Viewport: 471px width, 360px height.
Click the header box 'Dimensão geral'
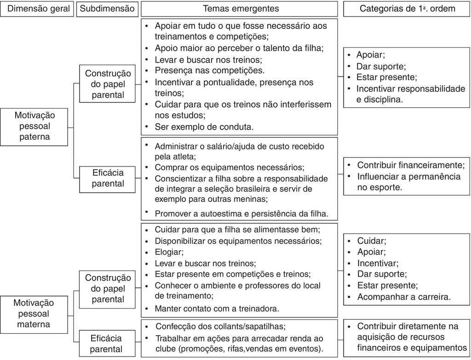[x=37, y=9]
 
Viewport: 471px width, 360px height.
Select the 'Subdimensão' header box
[x=107, y=9]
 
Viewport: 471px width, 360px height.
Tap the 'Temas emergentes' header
[x=241, y=9]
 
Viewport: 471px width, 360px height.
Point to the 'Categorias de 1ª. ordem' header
[x=407, y=9]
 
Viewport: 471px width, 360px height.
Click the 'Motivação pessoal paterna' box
[x=34, y=125]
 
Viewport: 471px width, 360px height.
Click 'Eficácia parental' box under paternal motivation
[x=108, y=178]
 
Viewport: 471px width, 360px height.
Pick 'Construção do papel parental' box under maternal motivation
[x=108, y=288]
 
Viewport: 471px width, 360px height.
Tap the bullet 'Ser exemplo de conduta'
[x=204, y=126]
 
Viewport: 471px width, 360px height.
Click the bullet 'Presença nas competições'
[x=210, y=71]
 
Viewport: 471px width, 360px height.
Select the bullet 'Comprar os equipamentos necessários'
[x=230, y=167]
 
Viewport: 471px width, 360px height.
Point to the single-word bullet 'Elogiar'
[x=169, y=252]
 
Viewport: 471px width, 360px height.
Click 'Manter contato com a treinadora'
[x=217, y=308]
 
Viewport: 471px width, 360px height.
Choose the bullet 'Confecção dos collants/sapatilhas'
[x=220, y=326]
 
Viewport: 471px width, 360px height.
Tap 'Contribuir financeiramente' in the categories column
[x=411, y=165]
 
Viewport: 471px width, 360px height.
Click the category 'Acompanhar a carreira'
[x=404, y=297]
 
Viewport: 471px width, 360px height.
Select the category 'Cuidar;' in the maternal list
[x=372, y=241]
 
